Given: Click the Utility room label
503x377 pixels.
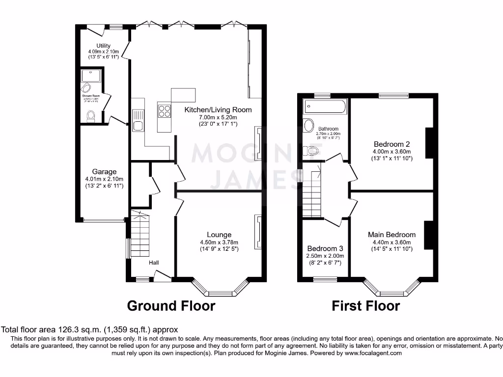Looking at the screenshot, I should pyautogui.click(x=103, y=46).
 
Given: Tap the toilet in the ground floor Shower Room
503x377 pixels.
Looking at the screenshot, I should pyautogui.click(x=90, y=116).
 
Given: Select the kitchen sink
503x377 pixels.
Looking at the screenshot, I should pyautogui.click(x=137, y=126).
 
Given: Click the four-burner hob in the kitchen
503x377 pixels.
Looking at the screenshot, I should pyautogui.click(x=164, y=111).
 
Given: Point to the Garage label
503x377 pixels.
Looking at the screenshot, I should pyautogui.click(x=104, y=172).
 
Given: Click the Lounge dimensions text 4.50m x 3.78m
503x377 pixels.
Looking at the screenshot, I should pyautogui.click(x=219, y=242).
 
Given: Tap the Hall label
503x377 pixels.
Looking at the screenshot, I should pyautogui.click(x=154, y=263).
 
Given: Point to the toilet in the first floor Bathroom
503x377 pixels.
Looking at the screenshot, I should pyautogui.click(x=310, y=151).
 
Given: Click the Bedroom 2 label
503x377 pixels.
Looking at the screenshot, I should pyautogui.click(x=391, y=144).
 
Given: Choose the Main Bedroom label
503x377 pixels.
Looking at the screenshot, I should pyautogui.click(x=391, y=235).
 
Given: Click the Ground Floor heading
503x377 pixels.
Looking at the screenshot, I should pyautogui.click(x=171, y=306).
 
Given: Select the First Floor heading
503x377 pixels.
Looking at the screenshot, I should pyautogui.click(x=365, y=306).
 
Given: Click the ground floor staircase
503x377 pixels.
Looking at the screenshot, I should pyautogui.click(x=140, y=236).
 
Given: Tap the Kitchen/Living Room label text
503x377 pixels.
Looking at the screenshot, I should pyautogui.click(x=218, y=110).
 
